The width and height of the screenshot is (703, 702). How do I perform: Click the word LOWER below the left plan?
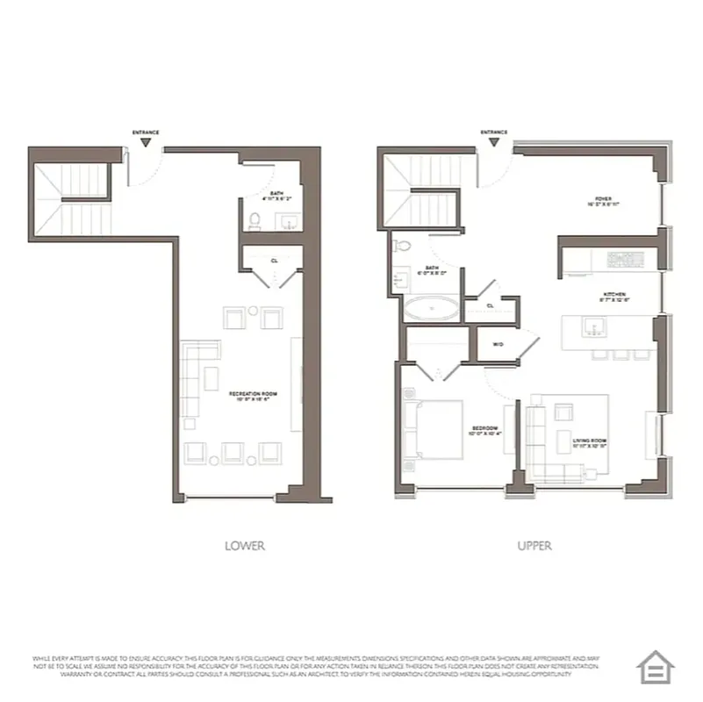coord(245,546)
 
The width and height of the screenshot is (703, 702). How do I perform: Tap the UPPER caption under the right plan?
coord(534,546)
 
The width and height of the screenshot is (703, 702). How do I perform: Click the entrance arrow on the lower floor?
coord(146,140)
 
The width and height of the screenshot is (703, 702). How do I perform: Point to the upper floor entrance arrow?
coord(494,140)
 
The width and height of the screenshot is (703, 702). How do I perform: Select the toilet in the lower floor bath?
coord(255,221)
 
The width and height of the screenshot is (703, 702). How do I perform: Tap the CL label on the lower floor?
coord(275,261)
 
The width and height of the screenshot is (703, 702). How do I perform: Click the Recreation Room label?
coord(253,397)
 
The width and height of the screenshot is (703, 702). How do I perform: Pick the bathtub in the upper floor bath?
coord(430,308)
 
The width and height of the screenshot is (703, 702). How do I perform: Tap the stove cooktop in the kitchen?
coord(626,260)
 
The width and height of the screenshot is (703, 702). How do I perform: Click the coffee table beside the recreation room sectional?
coord(212,377)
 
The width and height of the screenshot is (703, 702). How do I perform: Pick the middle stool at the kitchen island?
coord(621,355)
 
